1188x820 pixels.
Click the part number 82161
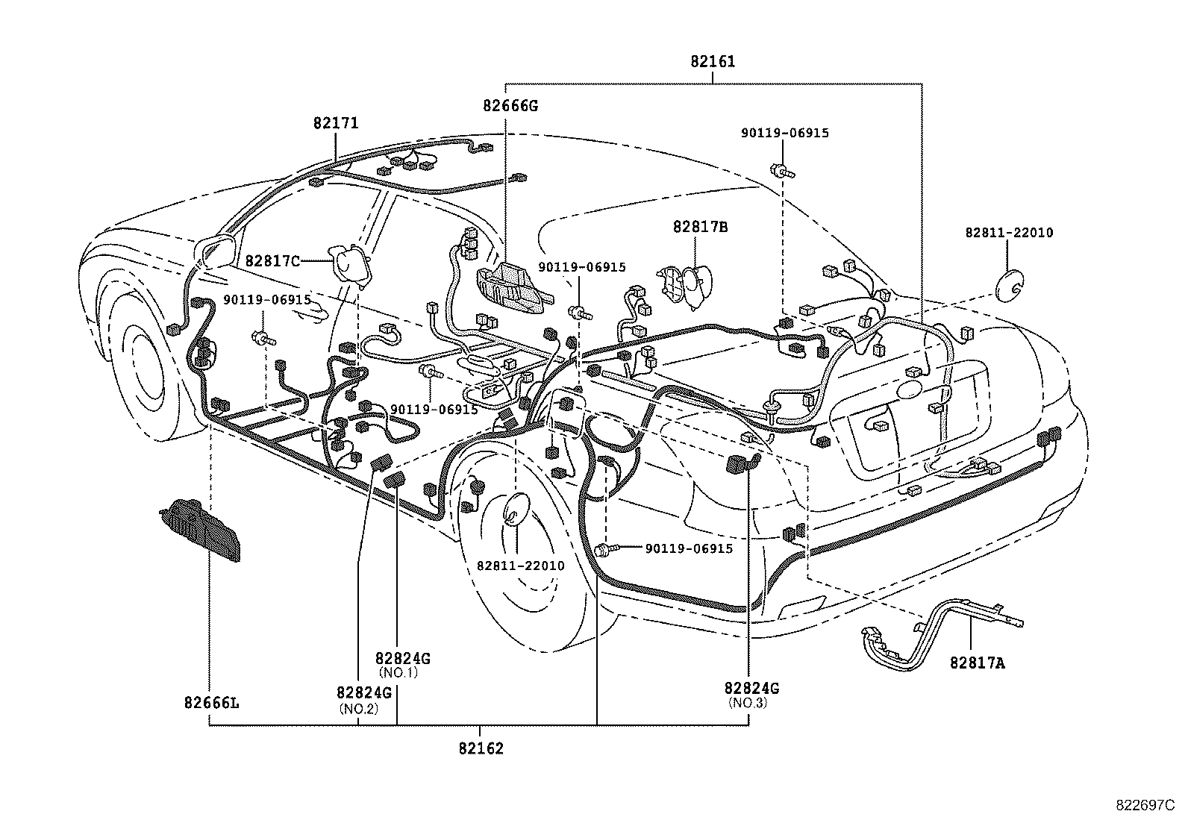click(713, 62)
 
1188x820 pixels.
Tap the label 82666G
click(510, 106)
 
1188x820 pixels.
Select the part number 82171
click(336, 123)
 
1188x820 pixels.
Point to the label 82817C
click(272, 261)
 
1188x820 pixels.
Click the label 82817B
click(701, 227)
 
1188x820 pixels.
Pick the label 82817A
click(978, 663)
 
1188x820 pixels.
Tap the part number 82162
click(481, 748)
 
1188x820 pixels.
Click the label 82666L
click(212, 703)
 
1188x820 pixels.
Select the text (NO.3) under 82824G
click(748, 703)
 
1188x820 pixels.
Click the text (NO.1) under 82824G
click(398, 672)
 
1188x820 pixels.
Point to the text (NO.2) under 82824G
click(359, 709)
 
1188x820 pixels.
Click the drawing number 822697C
click(1145, 805)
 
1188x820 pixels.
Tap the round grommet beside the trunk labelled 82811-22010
click(1010, 286)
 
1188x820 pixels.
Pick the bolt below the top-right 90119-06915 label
click(782, 171)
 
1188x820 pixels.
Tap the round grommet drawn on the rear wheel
click(515, 509)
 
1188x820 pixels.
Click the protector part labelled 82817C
click(349, 266)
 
